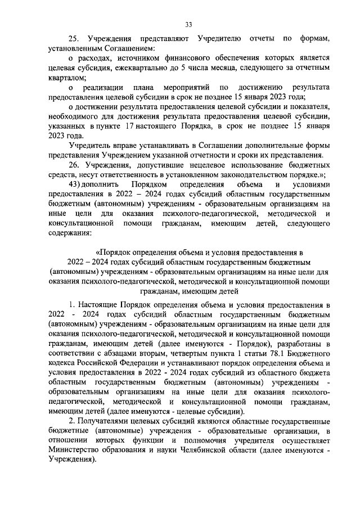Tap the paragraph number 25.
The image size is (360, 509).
pyautogui.click(x=73, y=38)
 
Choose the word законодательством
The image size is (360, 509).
pyautogui.click(x=227, y=174)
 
